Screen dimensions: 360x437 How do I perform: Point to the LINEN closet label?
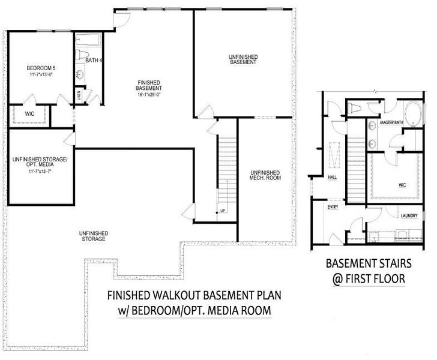79,96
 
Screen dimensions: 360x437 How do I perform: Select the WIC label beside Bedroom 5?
29,113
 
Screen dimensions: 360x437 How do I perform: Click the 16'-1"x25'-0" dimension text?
149,94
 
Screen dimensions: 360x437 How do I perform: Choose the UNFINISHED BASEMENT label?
243,59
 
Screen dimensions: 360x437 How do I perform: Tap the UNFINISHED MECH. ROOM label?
265,175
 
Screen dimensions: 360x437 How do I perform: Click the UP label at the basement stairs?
222,211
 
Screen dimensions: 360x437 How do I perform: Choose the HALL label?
332,177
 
